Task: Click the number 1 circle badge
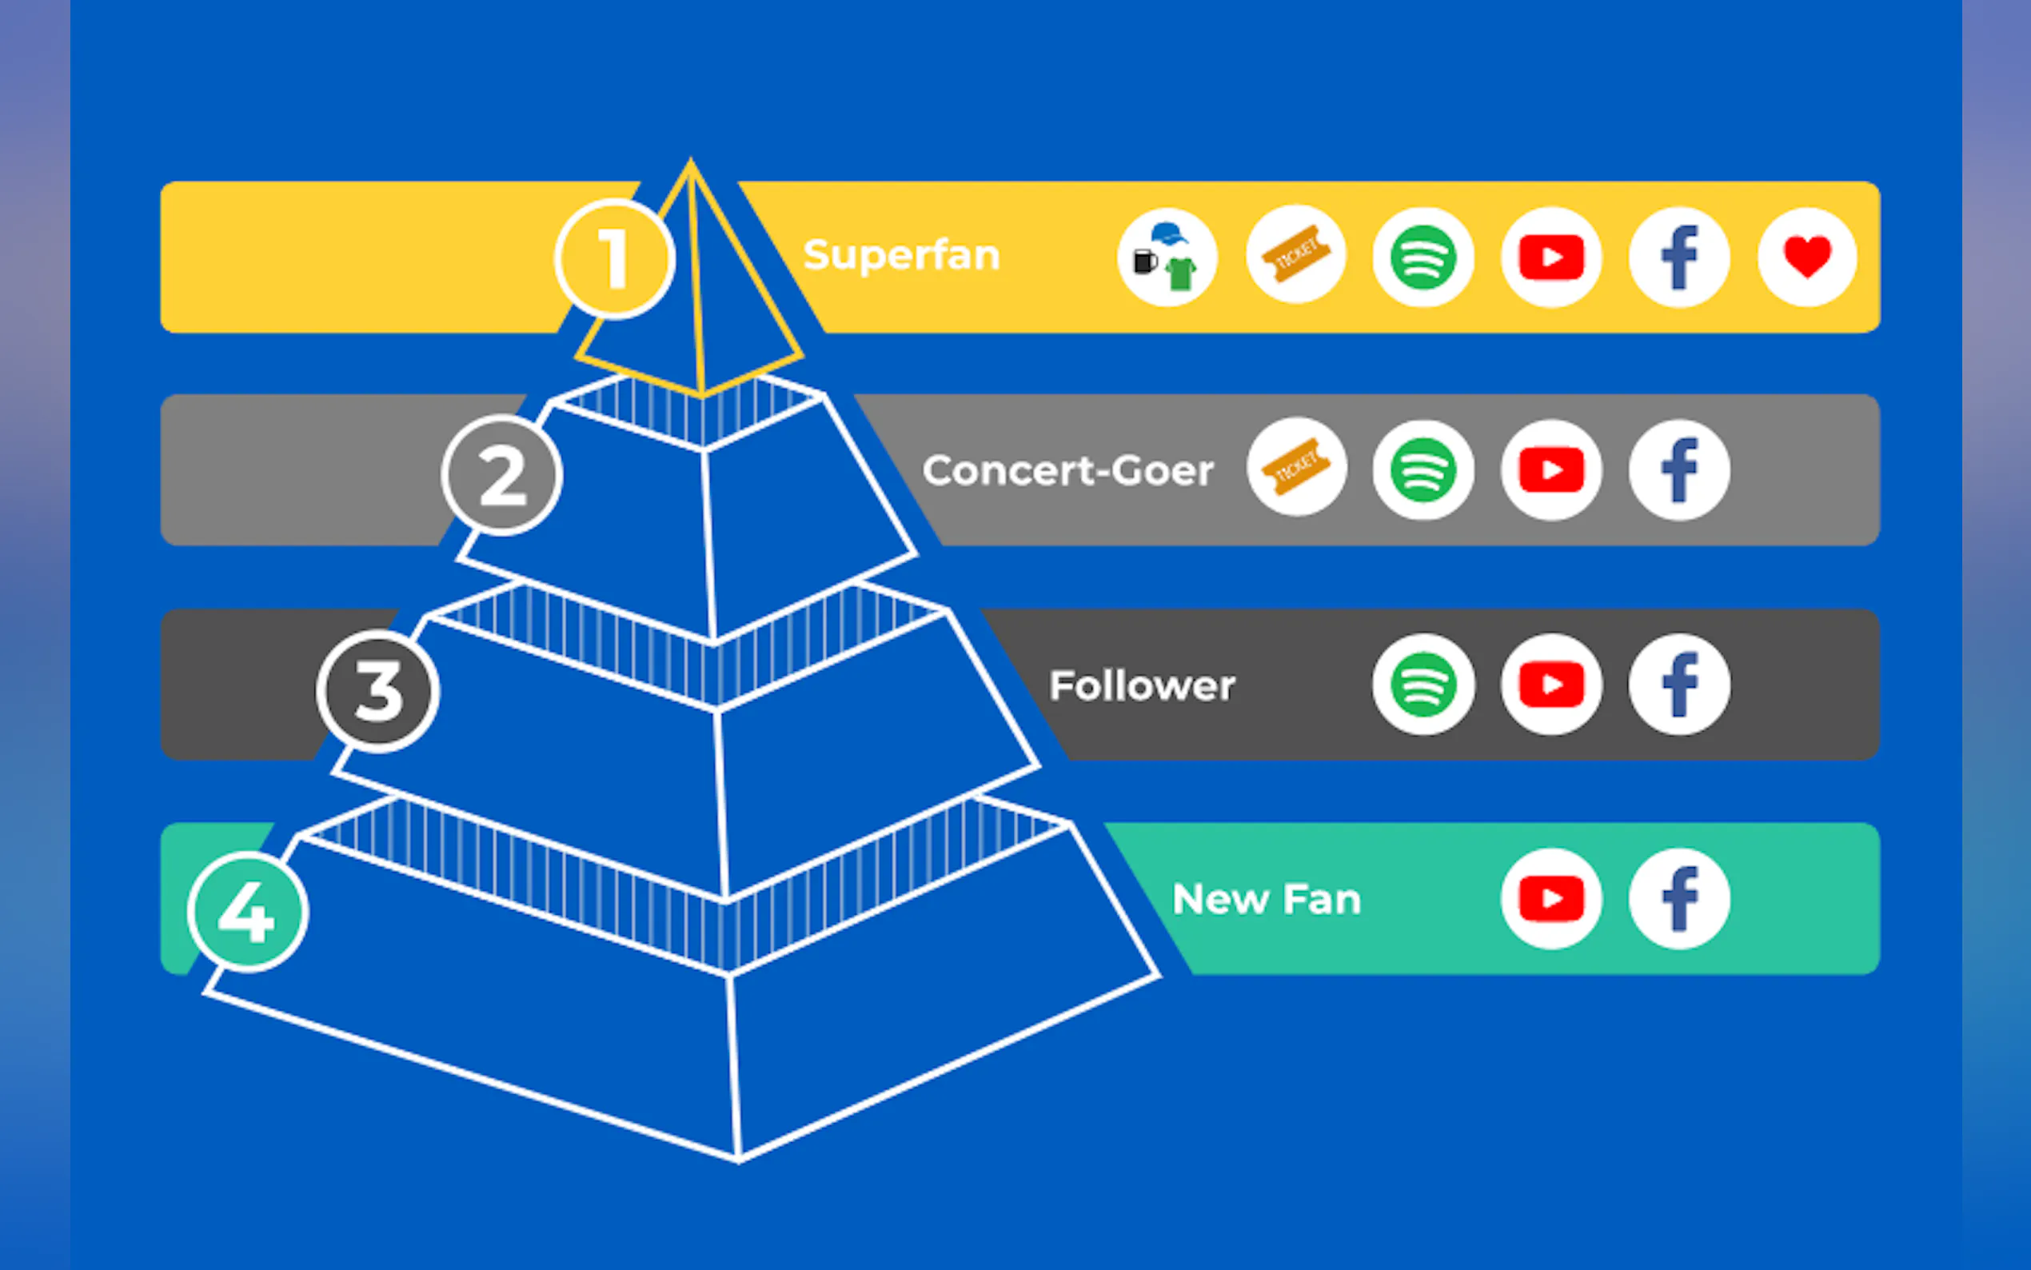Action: point(614,258)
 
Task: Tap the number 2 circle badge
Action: point(502,474)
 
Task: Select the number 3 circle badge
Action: point(378,690)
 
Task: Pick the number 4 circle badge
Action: point(248,912)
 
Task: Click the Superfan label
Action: point(901,254)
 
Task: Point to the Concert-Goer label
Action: point(1068,470)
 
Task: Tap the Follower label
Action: point(1142,685)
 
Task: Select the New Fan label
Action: point(1266,900)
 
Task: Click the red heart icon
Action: point(1807,256)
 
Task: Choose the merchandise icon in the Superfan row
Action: point(1167,256)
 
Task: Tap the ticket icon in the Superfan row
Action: point(1296,254)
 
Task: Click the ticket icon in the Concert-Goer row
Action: point(1296,467)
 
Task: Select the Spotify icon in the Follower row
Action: point(1423,685)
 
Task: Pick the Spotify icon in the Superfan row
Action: point(1423,256)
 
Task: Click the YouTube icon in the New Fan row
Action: point(1550,899)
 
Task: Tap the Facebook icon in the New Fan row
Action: point(1679,899)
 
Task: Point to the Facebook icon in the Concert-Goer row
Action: point(1679,470)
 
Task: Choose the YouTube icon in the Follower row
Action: point(1550,685)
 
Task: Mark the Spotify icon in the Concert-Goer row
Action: point(1423,470)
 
